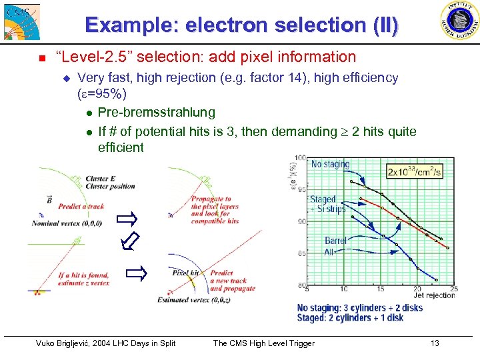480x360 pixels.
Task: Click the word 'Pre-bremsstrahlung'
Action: [156, 111]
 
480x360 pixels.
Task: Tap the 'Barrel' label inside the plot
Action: [336, 241]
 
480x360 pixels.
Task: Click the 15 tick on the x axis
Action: [379, 289]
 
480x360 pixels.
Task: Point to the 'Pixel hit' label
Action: [186, 273]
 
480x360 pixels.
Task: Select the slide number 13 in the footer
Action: [435, 343]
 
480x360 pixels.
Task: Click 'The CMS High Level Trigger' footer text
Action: [263, 343]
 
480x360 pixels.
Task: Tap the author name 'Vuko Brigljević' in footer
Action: [67, 343]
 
